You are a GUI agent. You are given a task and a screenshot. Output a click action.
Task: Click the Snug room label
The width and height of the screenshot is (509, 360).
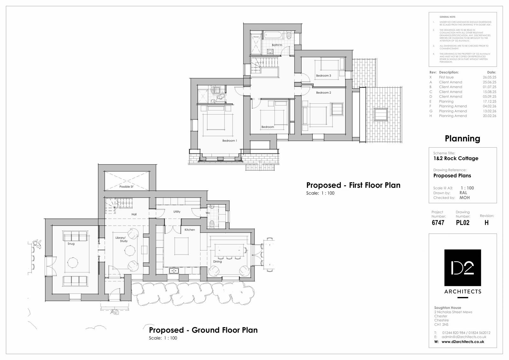[x=71, y=244]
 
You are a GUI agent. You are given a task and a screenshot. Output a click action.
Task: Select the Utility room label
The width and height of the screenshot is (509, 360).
[x=177, y=212]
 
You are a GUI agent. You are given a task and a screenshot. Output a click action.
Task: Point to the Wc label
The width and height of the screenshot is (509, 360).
[x=208, y=213]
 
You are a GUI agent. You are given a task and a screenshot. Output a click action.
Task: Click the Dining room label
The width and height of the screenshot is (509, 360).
[x=218, y=262]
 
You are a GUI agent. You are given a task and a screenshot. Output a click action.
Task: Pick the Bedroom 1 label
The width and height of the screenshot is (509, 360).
[x=229, y=141]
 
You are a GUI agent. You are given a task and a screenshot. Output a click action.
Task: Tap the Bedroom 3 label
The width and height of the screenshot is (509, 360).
[x=324, y=76]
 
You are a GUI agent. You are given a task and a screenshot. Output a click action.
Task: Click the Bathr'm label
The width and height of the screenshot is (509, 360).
[x=277, y=45]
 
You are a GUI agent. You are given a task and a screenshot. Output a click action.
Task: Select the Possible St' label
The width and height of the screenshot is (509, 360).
[x=126, y=187]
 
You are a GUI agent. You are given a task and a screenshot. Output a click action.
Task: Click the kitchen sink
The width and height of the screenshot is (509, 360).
[x=174, y=271]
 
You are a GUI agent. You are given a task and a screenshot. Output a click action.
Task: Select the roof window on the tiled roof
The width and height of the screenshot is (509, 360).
[x=381, y=114]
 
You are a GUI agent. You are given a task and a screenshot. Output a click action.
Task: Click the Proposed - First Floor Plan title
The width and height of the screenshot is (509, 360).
[x=353, y=185]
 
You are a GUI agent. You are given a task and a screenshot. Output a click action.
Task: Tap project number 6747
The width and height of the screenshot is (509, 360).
[x=438, y=223]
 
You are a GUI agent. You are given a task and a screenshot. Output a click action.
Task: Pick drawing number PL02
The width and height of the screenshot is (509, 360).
[x=463, y=223]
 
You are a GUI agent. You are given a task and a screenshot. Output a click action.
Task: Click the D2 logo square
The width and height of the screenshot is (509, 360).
[x=463, y=268]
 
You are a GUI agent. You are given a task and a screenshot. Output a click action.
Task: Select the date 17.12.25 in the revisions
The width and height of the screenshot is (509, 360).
[x=489, y=102]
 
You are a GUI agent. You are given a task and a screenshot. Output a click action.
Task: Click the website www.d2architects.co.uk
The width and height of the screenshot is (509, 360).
[x=463, y=342]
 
